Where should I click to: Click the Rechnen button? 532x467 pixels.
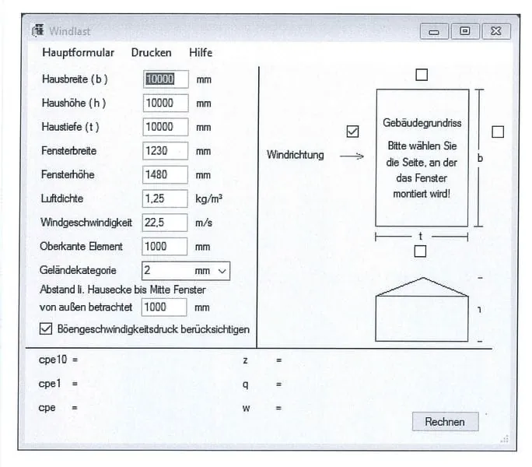(x=445, y=422)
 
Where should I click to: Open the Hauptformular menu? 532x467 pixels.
(x=78, y=53)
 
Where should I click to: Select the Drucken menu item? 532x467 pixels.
(x=152, y=53)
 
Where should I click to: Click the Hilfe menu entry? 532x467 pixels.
(x=201, y=53)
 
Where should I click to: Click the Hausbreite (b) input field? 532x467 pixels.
(x=166, y=79)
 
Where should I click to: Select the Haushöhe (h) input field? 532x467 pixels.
(x=166, y=103)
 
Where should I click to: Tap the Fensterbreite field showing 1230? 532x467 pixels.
(x=165, y=151)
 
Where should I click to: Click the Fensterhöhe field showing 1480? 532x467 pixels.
(x=165, y=174)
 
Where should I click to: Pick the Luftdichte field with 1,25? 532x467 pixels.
(x=165, y=198)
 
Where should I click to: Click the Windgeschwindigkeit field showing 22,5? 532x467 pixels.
(x=165, y=223)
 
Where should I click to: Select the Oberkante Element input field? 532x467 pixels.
(x=165, y=246)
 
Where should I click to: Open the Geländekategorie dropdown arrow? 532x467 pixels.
(x=222, y=271)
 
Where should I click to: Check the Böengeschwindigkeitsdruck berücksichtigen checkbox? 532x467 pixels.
(x=46, y=328)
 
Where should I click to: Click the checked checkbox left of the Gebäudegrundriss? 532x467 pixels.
(x=353, y=132)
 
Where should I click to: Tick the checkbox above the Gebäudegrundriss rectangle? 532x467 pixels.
(x=422, y=75)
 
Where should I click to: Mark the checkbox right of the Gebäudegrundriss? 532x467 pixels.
(x=498, y=132)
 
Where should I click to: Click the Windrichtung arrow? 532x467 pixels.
(x=352, y=156)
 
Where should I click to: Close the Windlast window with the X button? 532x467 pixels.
(x=496, y=31)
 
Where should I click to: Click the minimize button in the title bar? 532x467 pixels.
(x=434, y=32)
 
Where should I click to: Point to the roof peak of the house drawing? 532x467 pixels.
(x=423, y=278)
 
